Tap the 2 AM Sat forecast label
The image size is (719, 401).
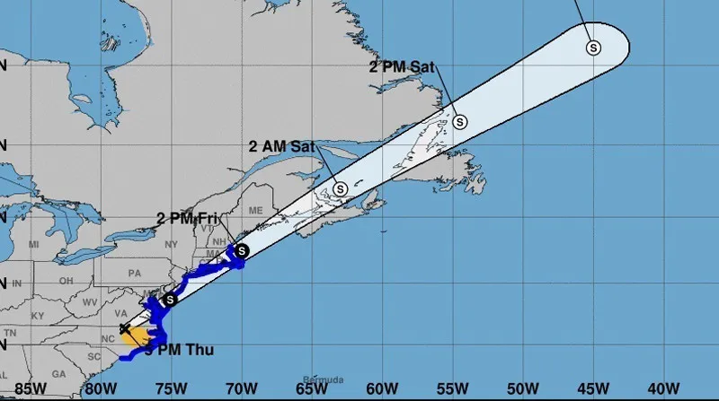(x=280, y=145)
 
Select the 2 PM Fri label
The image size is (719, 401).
(x=187, y=218)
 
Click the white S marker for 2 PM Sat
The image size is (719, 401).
(x=460, y=121)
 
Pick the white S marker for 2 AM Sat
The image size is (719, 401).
(x=341, y=189)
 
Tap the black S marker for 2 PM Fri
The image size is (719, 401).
(x=241, y=250)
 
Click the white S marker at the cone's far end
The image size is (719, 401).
(x=593, y=48)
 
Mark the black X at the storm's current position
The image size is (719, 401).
(x=125, y=328)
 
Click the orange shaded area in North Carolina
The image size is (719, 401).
(x=135, y=336)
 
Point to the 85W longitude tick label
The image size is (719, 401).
(x=30, y=388)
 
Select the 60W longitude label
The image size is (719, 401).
(x=382, y=388)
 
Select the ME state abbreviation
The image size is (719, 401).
(x=255, y=209)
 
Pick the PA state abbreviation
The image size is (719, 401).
(x=136, y=273)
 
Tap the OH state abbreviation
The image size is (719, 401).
(x=65, y=279)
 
